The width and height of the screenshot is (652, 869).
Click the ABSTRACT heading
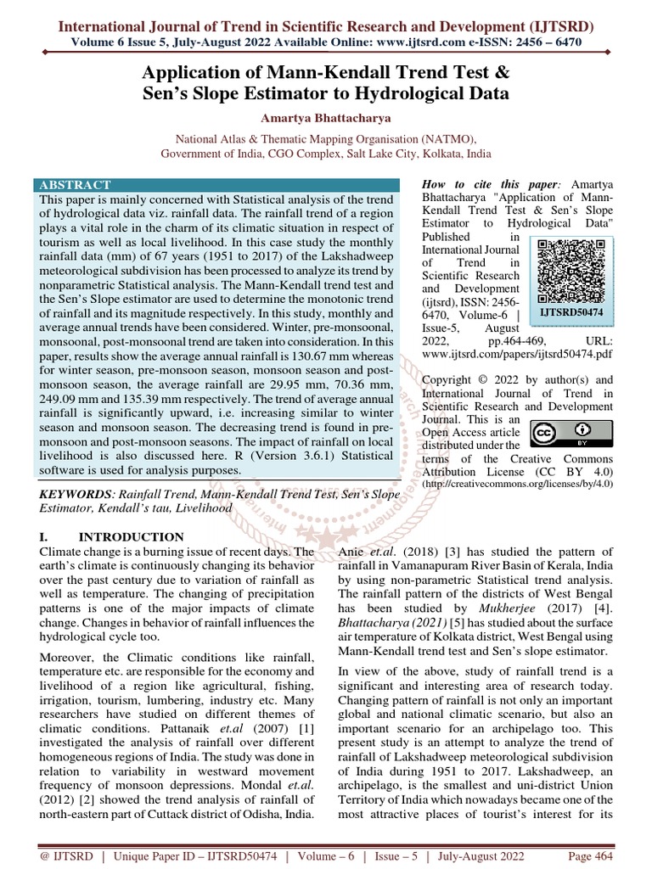[75, 185]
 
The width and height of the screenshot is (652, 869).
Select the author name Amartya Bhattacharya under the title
[326, 117]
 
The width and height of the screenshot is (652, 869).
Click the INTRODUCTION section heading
[131, 537]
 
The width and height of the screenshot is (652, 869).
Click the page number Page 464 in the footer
[590, 856]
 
